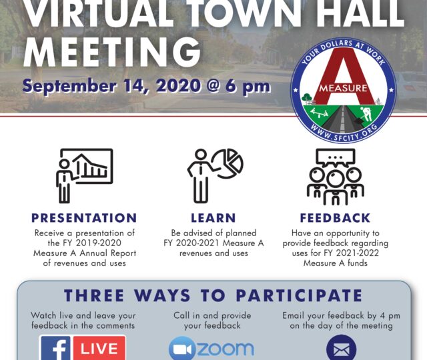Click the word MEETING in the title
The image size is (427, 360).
(112, 52)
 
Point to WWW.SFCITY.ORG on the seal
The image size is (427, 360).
(344, 133)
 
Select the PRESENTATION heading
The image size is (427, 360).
(84, 218)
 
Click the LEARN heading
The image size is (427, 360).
(213, 218)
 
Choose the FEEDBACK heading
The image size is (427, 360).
(335, 218)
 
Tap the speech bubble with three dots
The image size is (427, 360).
(335, 158)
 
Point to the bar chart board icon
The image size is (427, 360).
(87, 166)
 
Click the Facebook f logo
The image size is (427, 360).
(57, 348)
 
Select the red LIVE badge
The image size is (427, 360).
(99, 348)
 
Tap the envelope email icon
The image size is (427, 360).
(341, 348)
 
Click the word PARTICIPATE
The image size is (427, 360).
(299, 295)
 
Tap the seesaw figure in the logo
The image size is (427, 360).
(320, 112)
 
